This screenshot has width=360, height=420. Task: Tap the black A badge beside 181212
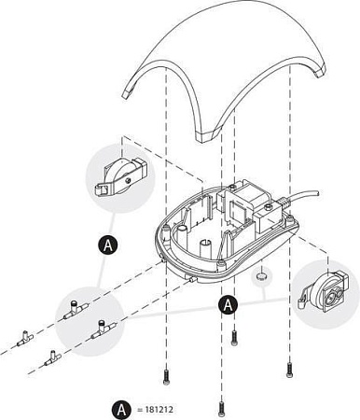tap(121, 410)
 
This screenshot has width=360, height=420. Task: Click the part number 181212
tap(159, 410)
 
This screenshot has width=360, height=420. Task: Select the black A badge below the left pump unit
tap(108, 245)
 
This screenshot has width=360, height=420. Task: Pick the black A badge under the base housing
tap(228, 305)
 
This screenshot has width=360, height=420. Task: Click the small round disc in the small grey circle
tap(261, 276)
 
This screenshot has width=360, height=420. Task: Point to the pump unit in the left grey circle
tap(121, 177)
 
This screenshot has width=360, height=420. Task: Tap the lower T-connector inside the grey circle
tap(104, 329)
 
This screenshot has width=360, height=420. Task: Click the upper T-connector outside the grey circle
tap(25, 339)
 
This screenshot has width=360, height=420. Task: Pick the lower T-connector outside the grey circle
tap(52, 358)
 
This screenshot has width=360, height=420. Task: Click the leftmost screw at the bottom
tap(166, 377)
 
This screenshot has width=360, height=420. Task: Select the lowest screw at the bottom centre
tap(221, 409)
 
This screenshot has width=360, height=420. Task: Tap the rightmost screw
tap(289, 370)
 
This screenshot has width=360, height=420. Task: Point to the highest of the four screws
tap(235, 337)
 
